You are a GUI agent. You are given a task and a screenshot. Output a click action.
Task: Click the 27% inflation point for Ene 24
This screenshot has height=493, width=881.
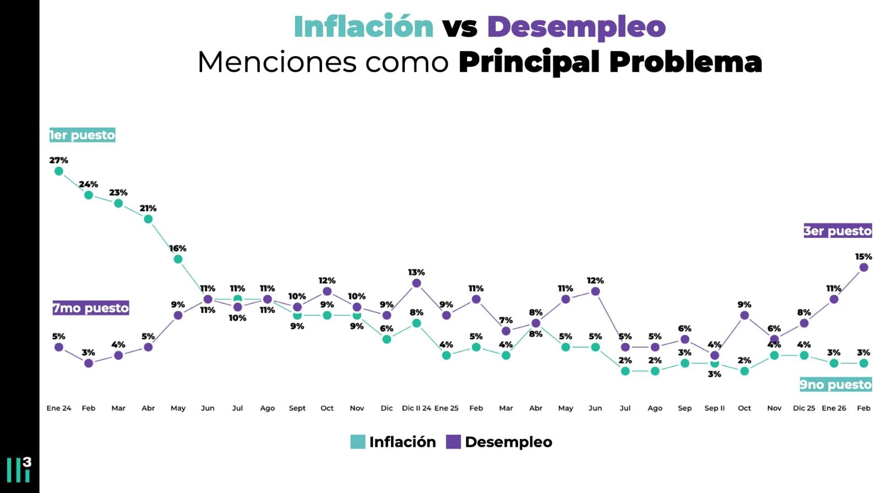(x=59, y=171)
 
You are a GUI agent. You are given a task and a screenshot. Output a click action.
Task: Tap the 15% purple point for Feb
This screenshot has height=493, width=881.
(x=863, y=267)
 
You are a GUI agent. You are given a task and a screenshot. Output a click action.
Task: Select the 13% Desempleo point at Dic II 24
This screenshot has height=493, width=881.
(x=416, y=283)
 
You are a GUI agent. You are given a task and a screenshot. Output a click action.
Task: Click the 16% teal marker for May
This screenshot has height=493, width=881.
(x=178, y=259)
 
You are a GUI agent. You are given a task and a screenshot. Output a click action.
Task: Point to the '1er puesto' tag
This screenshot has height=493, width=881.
(x=82, y=135)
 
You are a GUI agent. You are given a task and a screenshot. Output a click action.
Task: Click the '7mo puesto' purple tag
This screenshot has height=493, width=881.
(x=91, y=308)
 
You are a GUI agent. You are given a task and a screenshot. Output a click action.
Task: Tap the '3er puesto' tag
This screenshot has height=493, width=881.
(x=838, y=231)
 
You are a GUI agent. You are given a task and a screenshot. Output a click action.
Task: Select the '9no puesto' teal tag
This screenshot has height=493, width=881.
(x=835, y=384)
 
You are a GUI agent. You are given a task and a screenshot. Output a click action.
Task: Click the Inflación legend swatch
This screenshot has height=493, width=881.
(x=358, y=442)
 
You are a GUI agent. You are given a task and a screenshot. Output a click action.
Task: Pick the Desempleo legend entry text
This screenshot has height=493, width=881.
(x=508, y=442)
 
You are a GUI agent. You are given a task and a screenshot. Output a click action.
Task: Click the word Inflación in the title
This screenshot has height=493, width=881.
(x=363, y=26)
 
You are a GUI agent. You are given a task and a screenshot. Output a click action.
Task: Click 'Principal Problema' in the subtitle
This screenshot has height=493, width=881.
(x=610, y=62)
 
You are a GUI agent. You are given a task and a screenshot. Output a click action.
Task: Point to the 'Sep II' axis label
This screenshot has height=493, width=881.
(x=714, y=408)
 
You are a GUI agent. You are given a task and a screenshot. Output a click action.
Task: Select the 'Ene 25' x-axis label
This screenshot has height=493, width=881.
(x=446, y=408)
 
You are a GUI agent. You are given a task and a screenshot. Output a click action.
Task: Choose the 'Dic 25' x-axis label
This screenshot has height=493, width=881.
(x=804, y=408)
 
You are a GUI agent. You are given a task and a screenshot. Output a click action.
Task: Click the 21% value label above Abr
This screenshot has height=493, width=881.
(x=148, y=208)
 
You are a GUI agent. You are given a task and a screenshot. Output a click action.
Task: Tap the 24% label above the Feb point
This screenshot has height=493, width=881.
(x=89, y=184)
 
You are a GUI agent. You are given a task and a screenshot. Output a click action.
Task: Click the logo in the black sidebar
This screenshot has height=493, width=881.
(x=19, y=469)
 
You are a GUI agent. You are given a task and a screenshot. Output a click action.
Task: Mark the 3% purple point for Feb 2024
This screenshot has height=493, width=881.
(x=89, y=363)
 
